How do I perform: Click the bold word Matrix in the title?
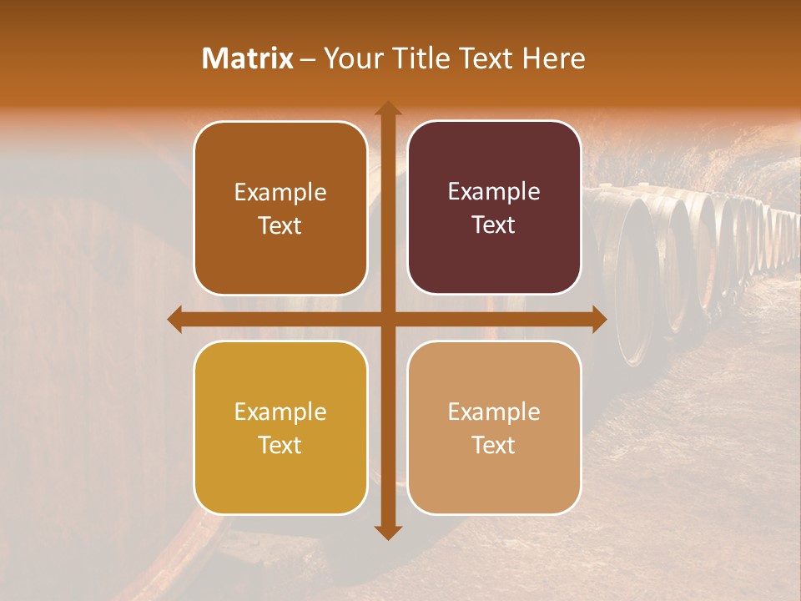click(248, 58)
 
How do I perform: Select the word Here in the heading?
click(554, 58)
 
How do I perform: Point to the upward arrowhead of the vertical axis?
click(388, 108)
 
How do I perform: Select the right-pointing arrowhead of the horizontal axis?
click(599, 319)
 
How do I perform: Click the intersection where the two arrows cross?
click(388, 319)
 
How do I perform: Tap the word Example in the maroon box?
click(494, 192)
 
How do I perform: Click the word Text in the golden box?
click(280, 445)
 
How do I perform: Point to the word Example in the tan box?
click(494, 412)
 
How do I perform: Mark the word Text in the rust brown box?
click(280, 225)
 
